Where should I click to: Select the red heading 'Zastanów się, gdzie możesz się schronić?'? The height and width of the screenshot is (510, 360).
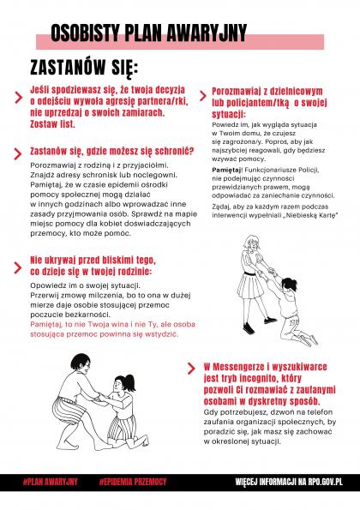point(100,151)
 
